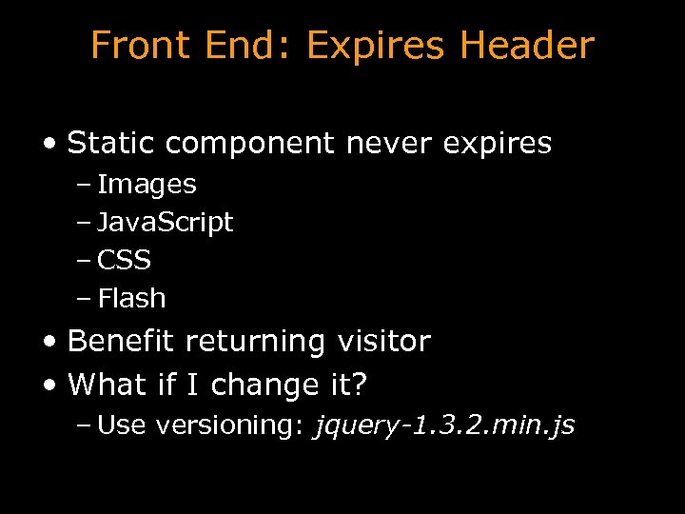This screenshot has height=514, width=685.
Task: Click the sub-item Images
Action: click(x=147, y=185)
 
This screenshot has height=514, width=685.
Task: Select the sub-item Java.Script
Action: click(x=165, y=223)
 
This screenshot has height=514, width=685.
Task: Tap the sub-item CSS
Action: click(x=124, y=260)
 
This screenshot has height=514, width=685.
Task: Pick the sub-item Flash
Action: click(x=131, y=298)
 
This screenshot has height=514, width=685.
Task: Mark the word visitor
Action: click(x=382, y=341)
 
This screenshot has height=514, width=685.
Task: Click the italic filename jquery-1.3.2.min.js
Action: click(x=444, y=425)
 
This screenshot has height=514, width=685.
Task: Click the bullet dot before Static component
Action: click(x=49, y=145)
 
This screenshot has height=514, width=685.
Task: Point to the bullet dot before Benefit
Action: click(x=49, y=342)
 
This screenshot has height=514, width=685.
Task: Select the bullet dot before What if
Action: click(x=49, y=385)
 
